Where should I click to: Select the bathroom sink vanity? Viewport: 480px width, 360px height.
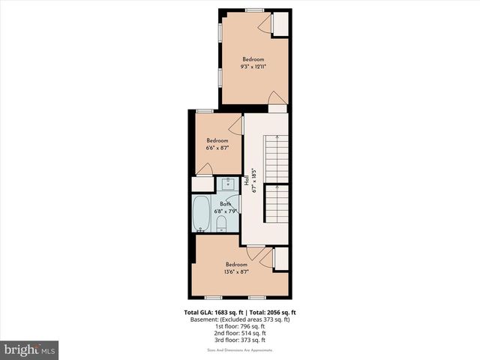click(x=227, y=184)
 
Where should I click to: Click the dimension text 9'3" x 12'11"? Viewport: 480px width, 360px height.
click(x=253, y=66)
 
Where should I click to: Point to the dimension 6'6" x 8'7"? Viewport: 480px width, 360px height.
click(x=217, y=148)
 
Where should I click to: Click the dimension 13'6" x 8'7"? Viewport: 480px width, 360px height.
click(x=236, y=271)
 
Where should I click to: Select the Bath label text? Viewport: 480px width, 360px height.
click(x=225, y=204)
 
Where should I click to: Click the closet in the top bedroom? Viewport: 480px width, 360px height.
click(x=280, y=23)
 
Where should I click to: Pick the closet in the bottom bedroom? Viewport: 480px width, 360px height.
click(x=280, y=258)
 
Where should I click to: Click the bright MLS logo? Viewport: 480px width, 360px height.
click(x=30, y=349)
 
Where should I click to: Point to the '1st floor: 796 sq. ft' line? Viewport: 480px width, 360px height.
click(x=239, y=326)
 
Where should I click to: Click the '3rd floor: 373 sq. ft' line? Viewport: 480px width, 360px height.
click(x=239, y=340)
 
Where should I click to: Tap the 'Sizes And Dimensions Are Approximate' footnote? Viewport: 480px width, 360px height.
click(x=239, y=350)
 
